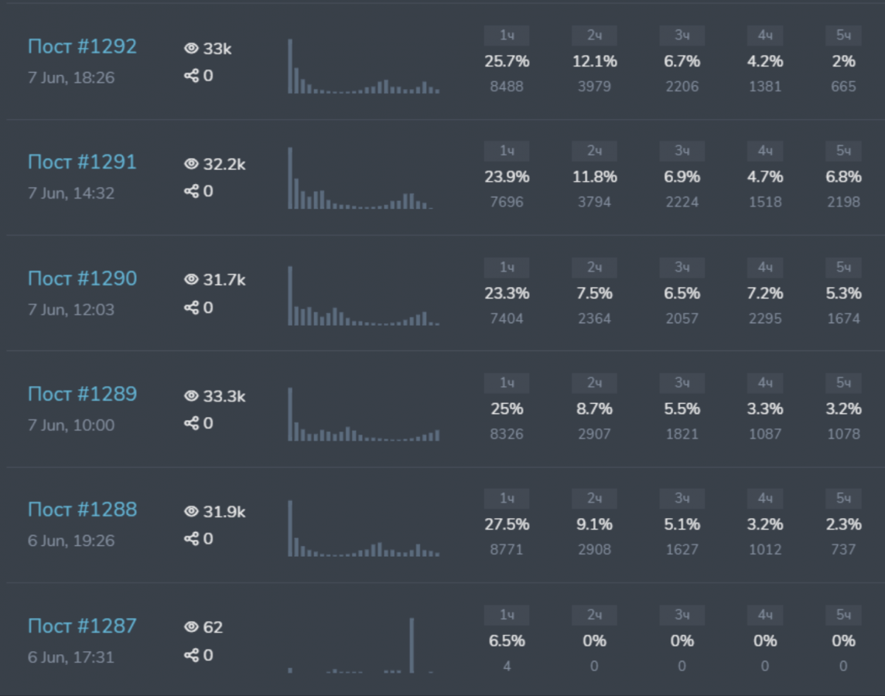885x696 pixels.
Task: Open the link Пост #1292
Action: [82, 46]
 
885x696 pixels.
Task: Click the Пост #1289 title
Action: [82, 394]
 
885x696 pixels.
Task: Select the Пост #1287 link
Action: [82, 626]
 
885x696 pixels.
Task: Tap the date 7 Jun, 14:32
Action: [71, 193]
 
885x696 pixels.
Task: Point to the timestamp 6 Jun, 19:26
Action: [71, 541]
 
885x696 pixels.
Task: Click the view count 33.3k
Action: [224, 396]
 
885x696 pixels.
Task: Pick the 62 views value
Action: [213, 627]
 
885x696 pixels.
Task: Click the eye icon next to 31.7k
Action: [191, 280]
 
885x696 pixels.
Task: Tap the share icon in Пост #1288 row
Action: [191, 538]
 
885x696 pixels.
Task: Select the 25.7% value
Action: [507, 61]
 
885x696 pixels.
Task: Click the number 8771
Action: [507, 550]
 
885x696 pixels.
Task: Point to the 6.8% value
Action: [843, 177]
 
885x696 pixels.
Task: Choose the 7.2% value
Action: [765, 293]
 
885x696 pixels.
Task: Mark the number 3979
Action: [594, 87]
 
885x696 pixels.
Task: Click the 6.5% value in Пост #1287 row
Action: [507, 641]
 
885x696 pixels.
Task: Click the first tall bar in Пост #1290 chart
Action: [290, 295]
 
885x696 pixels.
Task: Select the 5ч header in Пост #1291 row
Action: [843, 151]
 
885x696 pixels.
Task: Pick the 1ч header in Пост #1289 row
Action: [507, 383]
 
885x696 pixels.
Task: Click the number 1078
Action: [843, 434]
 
